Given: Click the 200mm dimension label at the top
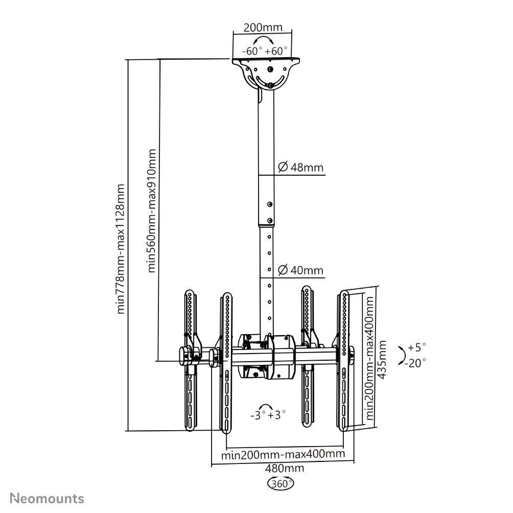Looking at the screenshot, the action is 263,28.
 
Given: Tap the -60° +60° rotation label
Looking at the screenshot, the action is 265,51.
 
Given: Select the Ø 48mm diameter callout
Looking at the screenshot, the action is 300,167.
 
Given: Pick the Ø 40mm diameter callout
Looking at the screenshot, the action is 300,270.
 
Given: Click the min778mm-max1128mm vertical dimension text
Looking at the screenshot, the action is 121,249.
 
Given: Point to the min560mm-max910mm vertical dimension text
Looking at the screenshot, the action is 152,211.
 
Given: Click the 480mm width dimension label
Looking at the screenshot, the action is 284,468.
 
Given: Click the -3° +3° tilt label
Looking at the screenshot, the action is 268,415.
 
